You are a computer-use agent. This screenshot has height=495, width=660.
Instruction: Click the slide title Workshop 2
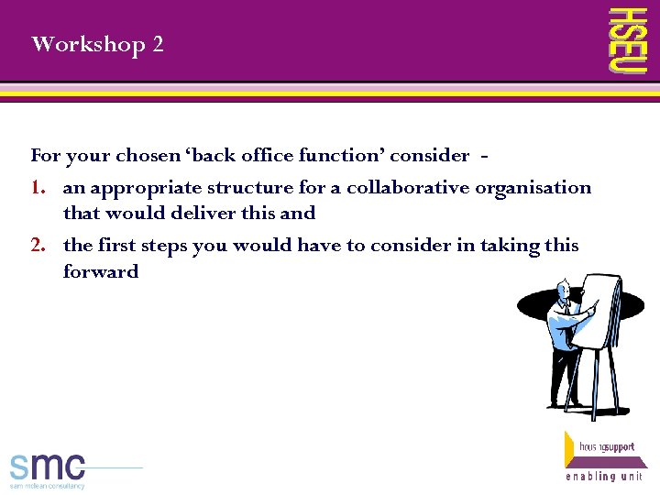97,44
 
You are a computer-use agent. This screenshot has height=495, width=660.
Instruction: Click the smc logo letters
48,466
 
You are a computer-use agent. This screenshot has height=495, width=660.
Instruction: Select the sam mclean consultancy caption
48,486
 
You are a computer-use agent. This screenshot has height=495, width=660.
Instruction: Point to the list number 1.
38,188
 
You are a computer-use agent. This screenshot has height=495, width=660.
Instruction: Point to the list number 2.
38,246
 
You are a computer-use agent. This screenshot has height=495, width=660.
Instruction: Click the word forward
101,271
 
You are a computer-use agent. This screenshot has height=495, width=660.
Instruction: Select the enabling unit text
603,476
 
